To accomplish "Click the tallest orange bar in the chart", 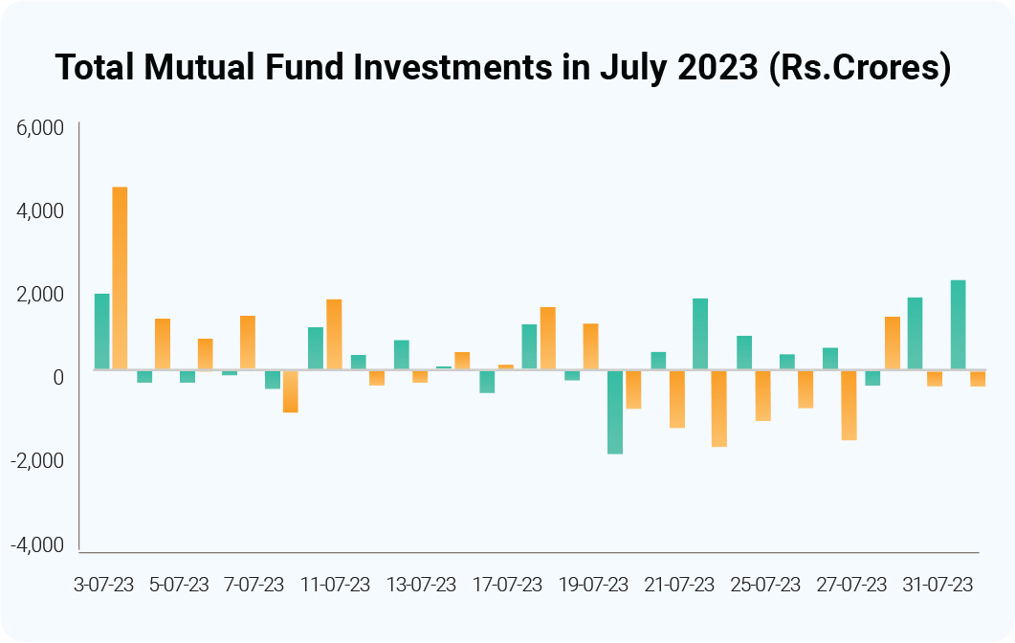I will tap(120, 277).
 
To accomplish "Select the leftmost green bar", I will tap(101, 331).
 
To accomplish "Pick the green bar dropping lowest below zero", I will tap(615, 411).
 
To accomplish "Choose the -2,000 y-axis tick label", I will tap(37, 461).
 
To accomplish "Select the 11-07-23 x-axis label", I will tap(336, 585).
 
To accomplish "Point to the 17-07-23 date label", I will tap(508, 585).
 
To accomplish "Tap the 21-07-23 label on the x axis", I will tap(680, 585).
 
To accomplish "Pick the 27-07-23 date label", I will tap(852, 585).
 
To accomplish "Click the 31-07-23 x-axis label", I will tap(938, 585).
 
